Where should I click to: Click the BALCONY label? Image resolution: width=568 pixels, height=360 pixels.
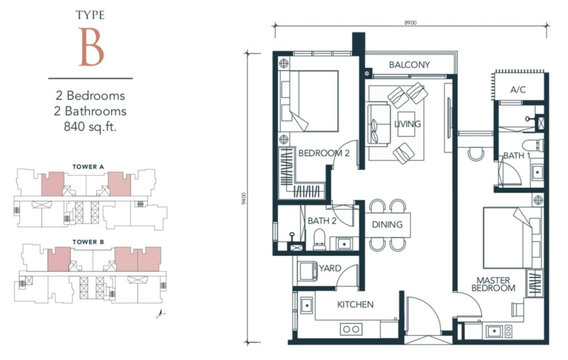pyautogui.click(x=409, y=65)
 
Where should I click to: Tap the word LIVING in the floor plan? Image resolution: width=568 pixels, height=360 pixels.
pyautogui.click(x=408, y=124)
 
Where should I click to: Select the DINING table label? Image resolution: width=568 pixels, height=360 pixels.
pyautogui.click(x=387, y=225)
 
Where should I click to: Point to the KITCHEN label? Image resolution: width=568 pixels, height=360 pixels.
pyautogui.click(x=356, y=305)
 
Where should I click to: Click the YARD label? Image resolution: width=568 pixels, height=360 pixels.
pyautogui.click(x=330, y=268)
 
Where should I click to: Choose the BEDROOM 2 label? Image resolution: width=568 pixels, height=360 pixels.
pyautogui.click(x=324, y=153)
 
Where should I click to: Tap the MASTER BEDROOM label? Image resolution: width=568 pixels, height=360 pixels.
pyautogui.click(x=493, y=285)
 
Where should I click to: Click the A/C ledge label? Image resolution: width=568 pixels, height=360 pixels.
pyautogui.click(x=518, y=90)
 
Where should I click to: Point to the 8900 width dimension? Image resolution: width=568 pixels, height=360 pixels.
pyautogui.click(x=410, y=22)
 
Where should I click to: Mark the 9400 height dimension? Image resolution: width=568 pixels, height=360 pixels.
pyautogui.click(x=244, y=199)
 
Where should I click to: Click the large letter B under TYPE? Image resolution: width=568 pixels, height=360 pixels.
pyautogui.click(x=92, y=47)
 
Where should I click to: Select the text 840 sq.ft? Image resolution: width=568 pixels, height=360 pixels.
pyautogui.click(x=90, y=126)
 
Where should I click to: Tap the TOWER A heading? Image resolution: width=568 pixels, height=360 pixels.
pyautogui.click(x=88, y=167)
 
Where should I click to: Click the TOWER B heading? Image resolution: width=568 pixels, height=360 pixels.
pyautogui.click(x=88, y=242)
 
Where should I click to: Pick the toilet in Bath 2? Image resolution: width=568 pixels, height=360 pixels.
pyautogui.click(x=319, y=240)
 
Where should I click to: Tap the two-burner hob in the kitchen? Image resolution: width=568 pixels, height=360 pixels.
pyautogui.click(x=351, y=329)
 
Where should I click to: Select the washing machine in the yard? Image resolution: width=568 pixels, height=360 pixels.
pyautogui.click(x=307, y=271)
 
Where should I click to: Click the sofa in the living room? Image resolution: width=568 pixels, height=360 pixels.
pyautogui.click(x=378, y=124)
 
